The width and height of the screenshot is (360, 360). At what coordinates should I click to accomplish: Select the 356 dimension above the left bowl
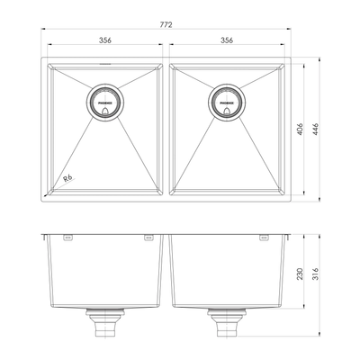(x=106, y=40)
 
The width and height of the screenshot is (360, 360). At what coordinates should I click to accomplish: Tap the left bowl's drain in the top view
(x=105, y=103)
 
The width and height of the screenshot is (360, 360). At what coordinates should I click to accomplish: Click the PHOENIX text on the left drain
(x=105, y=103)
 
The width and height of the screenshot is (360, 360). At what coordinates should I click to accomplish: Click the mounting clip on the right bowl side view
(x=264, y=238)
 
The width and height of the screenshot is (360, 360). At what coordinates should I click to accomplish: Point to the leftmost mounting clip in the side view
(x=67, y=238)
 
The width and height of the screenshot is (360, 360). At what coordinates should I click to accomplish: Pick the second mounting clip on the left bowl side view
(x=147, y=238)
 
